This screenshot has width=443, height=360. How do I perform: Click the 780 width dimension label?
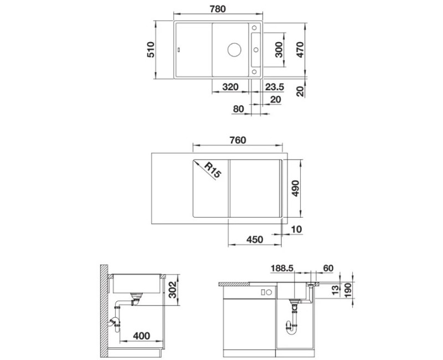click(x=218, y=9)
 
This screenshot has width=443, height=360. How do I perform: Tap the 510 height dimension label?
click(x=151, y=50)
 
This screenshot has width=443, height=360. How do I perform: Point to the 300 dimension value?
click(x=279, y=50)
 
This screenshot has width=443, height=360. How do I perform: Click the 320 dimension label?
click(x=230, y=87)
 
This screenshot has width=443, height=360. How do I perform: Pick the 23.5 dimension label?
click(x=274, y=87)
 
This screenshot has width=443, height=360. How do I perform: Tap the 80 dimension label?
click(x=239, y=109)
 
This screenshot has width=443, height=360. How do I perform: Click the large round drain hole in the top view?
click(x=234, y=50)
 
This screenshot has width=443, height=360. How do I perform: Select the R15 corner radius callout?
click(x=212, y=170)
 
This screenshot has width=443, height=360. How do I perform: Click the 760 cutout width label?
click(x=238, y=140)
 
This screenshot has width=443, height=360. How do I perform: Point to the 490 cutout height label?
click(x=295, y=188)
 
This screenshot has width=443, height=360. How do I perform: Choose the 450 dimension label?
click(x=255, y=239)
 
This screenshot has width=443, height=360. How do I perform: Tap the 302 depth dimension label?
click(x=172, y=290)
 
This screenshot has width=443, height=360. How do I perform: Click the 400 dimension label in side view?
click(x=141, y=336)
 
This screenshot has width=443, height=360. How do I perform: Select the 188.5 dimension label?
click(x=282, y=268)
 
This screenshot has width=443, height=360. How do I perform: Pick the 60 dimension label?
click(x=328, y=268)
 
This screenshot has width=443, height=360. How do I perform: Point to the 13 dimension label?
click(x=334, y=290)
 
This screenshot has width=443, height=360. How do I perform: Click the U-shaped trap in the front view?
click(x=292, y=330)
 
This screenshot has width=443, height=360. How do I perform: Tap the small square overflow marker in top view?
click(x=179, y=50)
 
